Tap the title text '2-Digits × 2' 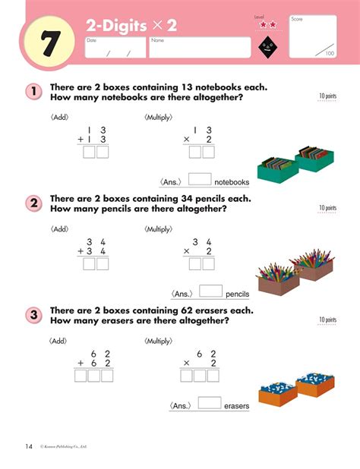(x=131, y=26)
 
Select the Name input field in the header (x=199, y=47)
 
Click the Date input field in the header (x=114, y=47)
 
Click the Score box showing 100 (x=313, y=36)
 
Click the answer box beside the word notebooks (x=199, y=180)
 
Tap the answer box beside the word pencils (x=210, y=291)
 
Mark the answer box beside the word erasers (x=209, y=404)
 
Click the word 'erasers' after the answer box (x=237, y=407)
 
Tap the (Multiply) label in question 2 (x=158, y=228)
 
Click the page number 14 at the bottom (x=28, y=445)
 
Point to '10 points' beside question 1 (x=327, y=96)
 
